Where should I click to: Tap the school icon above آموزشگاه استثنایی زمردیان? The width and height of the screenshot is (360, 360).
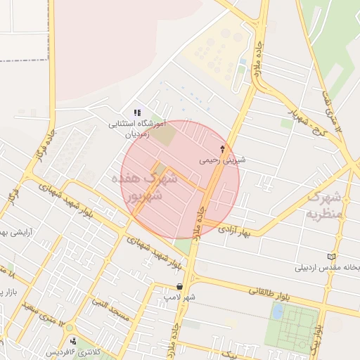point(137,112)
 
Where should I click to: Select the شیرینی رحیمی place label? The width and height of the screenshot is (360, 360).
point(223,160)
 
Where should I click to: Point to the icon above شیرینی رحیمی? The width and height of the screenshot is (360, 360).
point(223,149)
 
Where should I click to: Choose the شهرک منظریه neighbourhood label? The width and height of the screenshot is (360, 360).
point(325,204)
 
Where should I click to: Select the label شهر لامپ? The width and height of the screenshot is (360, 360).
point(179,297)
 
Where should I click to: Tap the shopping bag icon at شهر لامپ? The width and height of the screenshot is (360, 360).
point(181,287)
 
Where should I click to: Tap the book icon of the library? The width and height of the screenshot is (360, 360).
point(332,257)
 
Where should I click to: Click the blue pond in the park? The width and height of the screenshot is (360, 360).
point(278,310)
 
